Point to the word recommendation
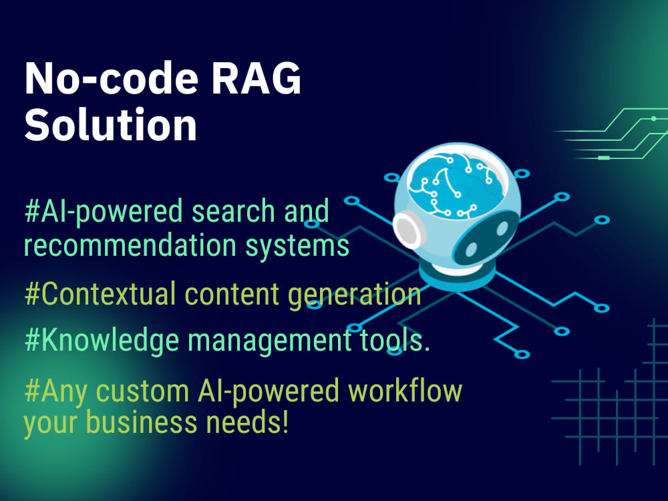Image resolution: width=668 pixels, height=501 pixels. tap(130, 245)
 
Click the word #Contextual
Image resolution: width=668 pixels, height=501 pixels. tap(100, 293)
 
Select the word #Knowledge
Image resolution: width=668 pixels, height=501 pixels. tap(102, 341)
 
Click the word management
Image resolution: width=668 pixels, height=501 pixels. tap(269, 341)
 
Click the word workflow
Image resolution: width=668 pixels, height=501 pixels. tap(405, 390)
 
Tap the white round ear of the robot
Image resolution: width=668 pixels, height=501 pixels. tap(407, 230)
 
